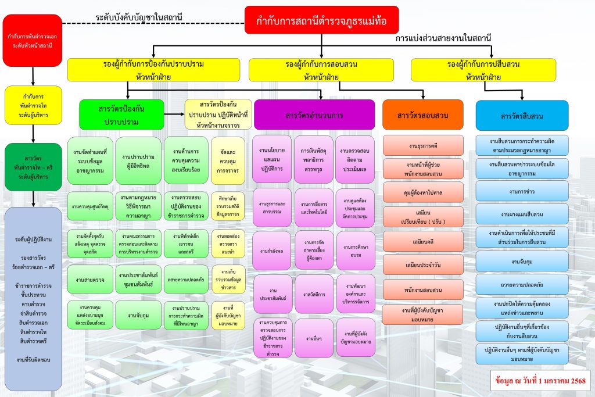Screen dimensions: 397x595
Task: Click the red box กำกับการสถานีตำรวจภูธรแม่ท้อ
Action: tap(321, 20)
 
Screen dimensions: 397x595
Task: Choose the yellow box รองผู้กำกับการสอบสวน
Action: tap(325, 70)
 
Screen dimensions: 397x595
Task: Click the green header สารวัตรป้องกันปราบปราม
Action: tap(121, 114)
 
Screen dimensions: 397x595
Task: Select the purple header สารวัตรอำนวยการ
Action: tap(314, 115)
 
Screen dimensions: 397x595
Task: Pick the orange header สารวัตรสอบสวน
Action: tap(422, 115)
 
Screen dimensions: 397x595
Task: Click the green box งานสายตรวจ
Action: tap(89, 280)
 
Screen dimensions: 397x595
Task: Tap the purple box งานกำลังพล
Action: tap(273, 251)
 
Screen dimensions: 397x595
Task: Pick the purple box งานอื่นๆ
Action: tap(314, 338)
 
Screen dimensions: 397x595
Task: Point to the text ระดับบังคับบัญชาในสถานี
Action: tap(139, 17)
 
